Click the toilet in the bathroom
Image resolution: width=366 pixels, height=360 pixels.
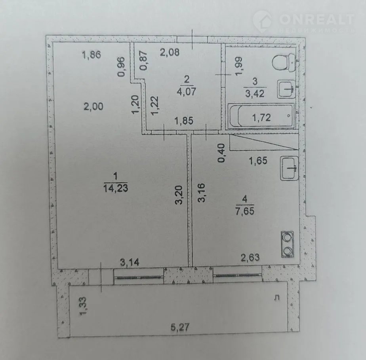coord(284,63)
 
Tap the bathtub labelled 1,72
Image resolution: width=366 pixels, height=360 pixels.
coord(261,116)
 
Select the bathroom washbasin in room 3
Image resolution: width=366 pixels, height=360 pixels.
coord(286,89)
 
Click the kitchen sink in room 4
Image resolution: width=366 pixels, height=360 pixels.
coord(289,168)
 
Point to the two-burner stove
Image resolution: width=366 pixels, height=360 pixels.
coord(287,244)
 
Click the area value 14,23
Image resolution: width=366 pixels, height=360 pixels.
coord(116,188)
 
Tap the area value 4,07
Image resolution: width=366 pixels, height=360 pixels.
coord(186,91)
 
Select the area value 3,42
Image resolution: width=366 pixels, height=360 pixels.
coord(255,93)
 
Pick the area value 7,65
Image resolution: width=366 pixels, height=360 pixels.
coord(245,211)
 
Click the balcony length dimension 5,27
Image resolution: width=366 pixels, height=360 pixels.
coord(180,327)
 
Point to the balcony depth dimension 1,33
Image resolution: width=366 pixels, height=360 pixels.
coord(83,306)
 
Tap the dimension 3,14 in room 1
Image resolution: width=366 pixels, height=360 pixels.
coord(130,262)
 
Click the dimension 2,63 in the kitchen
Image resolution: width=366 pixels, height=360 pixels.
coord(250,258)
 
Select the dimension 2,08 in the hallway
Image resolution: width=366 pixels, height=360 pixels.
coord(170,52)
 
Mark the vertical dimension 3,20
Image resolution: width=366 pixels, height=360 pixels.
coord(179,195)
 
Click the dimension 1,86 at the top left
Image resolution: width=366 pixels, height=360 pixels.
coord(91,55)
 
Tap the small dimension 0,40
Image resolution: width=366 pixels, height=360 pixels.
coord(221,153)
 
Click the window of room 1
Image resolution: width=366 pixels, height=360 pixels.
coord(139,277)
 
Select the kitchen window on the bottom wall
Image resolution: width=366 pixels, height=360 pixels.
coord(238,275)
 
